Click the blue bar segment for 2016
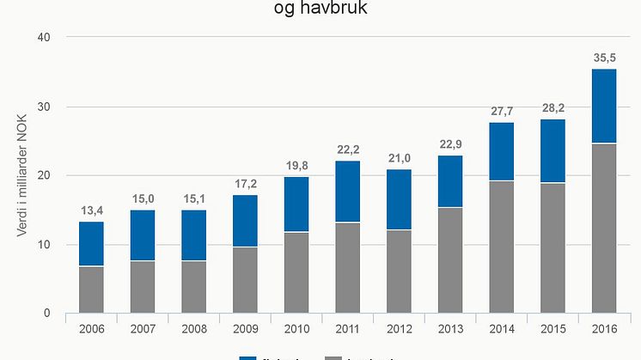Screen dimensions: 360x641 click(603, 106)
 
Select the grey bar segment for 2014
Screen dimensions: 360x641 click(501, 247)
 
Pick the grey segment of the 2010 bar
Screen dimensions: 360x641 click(296, 272)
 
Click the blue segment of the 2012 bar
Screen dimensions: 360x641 click(399, 199)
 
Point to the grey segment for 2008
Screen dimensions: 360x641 click(193, 287)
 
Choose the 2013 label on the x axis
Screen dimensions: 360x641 click(449, 328)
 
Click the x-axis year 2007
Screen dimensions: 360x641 click(143, 328)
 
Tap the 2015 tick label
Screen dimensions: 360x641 click(552, 328)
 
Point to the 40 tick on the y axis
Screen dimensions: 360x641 click(45, 38)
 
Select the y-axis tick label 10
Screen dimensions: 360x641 click(45, 245)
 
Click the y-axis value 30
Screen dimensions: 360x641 click(45, 107)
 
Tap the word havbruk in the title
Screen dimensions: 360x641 click(341, 11)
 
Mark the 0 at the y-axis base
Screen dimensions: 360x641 click(48, 314)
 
